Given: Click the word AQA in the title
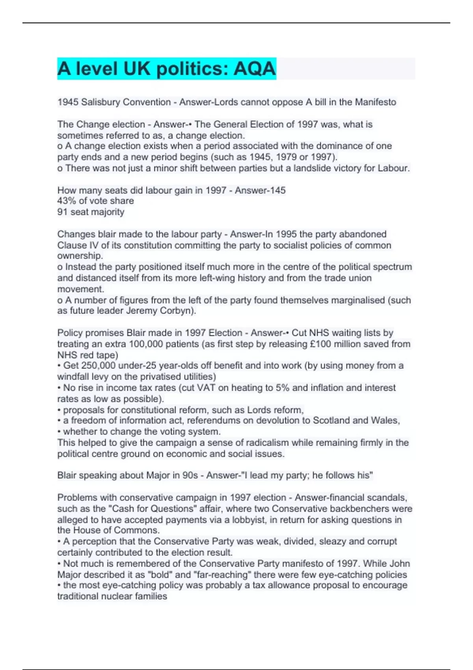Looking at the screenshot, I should tap(254, 69).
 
